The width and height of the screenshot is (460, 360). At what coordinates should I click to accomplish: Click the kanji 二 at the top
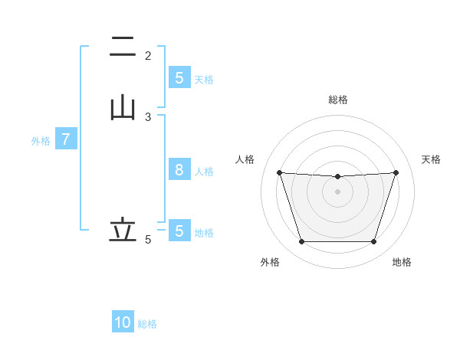(123, 47)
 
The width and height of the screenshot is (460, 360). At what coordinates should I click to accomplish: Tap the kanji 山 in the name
(123, 107)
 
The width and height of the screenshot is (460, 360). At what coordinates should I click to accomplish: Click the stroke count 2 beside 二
(148, 56)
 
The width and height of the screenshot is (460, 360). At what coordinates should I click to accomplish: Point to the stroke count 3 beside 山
(148, 117)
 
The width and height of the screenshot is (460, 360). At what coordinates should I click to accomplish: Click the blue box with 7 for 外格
(67, 140)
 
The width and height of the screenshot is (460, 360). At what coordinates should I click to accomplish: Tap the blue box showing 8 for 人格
(179, 170)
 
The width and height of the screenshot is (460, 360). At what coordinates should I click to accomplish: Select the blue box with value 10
(123, 322)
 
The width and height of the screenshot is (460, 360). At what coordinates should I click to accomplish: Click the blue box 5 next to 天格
(179, 78)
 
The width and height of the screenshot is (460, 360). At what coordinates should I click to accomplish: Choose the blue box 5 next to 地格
(179, 231)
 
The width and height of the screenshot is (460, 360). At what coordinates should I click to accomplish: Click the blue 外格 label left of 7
(41, 141)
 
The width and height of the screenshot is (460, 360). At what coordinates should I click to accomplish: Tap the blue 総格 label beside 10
(147, 324)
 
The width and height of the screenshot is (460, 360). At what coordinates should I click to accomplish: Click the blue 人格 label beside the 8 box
(204, 171)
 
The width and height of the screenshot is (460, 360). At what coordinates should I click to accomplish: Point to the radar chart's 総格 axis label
(338, 100)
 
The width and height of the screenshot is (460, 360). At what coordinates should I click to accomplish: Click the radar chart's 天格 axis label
(432, 159)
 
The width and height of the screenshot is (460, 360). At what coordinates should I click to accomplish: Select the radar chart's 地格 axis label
(402, 262)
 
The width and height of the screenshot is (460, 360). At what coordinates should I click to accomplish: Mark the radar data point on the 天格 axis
(396, 172)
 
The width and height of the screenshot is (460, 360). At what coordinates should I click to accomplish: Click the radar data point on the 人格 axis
(279, 172)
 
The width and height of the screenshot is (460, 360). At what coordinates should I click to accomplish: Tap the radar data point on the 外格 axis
(301, 242)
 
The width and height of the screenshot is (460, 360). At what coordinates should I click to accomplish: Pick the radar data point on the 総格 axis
(337, 177)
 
